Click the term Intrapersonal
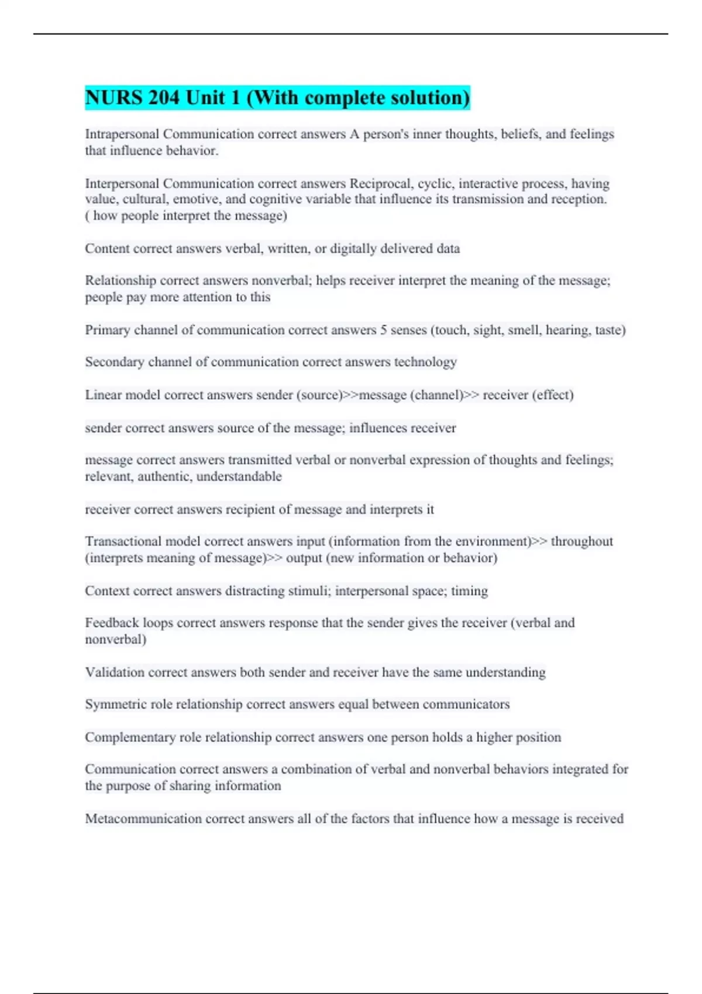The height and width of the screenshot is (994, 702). coord(122,134)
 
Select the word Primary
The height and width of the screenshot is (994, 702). coord(107,330)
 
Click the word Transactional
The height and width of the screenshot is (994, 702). coord(122,541)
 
